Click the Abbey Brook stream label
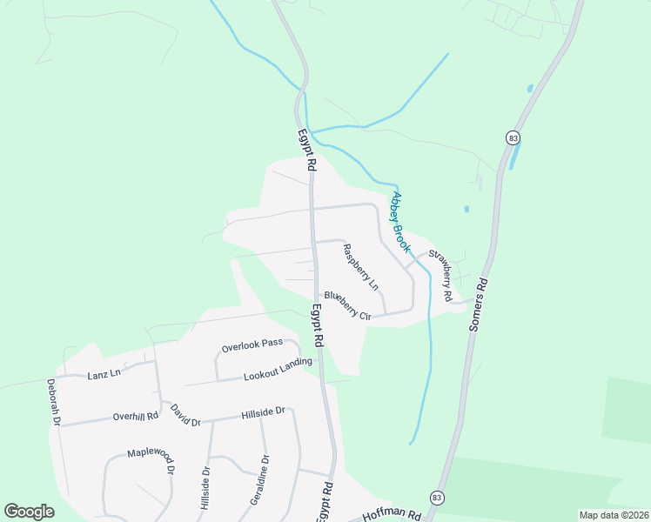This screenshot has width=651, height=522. [401, 222]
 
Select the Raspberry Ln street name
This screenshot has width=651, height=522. [360, 266]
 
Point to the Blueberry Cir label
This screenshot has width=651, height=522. [348, 305]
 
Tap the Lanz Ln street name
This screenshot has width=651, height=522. [104, 375]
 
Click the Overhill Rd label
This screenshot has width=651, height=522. [135, 416]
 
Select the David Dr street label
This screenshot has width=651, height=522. [185, 415]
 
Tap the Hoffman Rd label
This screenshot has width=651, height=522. [392, 515]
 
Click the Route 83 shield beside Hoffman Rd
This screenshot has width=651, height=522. [436, 497]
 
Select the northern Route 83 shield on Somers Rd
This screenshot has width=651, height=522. [512, 137]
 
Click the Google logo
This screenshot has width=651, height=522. [29, 512]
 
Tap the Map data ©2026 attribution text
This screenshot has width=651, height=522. [614, 515]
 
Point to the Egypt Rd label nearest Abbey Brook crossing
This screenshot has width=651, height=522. [305, 151]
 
